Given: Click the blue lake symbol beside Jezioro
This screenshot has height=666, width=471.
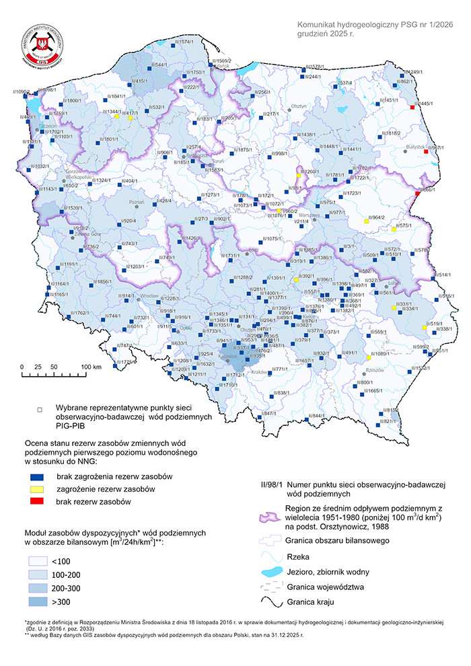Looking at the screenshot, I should (x=274, y=571).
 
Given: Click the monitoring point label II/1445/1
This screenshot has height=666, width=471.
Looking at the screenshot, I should (x=425, y=104).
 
